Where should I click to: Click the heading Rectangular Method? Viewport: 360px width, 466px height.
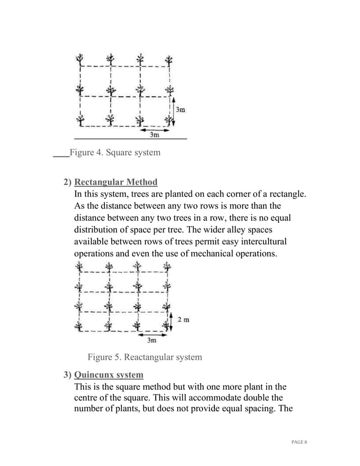coord(116,182)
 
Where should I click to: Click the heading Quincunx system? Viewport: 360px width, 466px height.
coord(108,375)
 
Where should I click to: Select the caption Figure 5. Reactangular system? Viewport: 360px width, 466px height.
coord(144,357)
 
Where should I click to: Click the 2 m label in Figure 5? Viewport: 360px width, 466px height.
coord(183,319)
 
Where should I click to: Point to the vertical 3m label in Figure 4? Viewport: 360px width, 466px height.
coord(179,110)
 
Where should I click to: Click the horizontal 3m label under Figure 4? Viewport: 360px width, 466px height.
coord(154,134)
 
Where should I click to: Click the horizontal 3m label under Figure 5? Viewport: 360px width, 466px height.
coord(152,340)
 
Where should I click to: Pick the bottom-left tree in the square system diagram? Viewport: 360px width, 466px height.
coord(82,119)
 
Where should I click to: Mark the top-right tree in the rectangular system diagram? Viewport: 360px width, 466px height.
coord(166,268)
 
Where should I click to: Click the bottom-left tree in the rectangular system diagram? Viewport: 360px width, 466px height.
coord(79,326)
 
